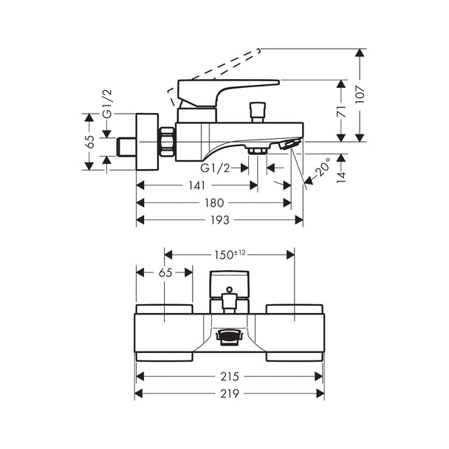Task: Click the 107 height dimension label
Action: [x=360, y=95]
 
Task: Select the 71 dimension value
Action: [x=341, y=111]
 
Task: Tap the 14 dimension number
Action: [x=341, y=176]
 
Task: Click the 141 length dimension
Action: [x=197, y=185]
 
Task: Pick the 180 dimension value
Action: [x=214, y=203]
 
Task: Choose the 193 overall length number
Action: [x=220, y=220]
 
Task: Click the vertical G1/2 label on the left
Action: [x=108, y=103]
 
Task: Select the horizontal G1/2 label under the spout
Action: [x=215, y=168]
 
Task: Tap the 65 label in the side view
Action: [x=91, y=142]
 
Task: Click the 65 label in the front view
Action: [x=165, y=273]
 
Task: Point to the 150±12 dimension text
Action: [x=230, y=254]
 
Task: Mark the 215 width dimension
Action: [x=230, y=377]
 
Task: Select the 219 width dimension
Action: [x=230, y=394]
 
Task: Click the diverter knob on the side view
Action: [x=258, y=112]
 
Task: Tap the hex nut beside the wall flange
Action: [x=167, y=142]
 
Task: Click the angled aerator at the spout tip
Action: [x=289, y=144]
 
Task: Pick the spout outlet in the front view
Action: [x=229, y=335]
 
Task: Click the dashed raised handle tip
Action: [x=259, y=50]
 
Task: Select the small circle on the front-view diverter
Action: [x=230, y=289]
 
